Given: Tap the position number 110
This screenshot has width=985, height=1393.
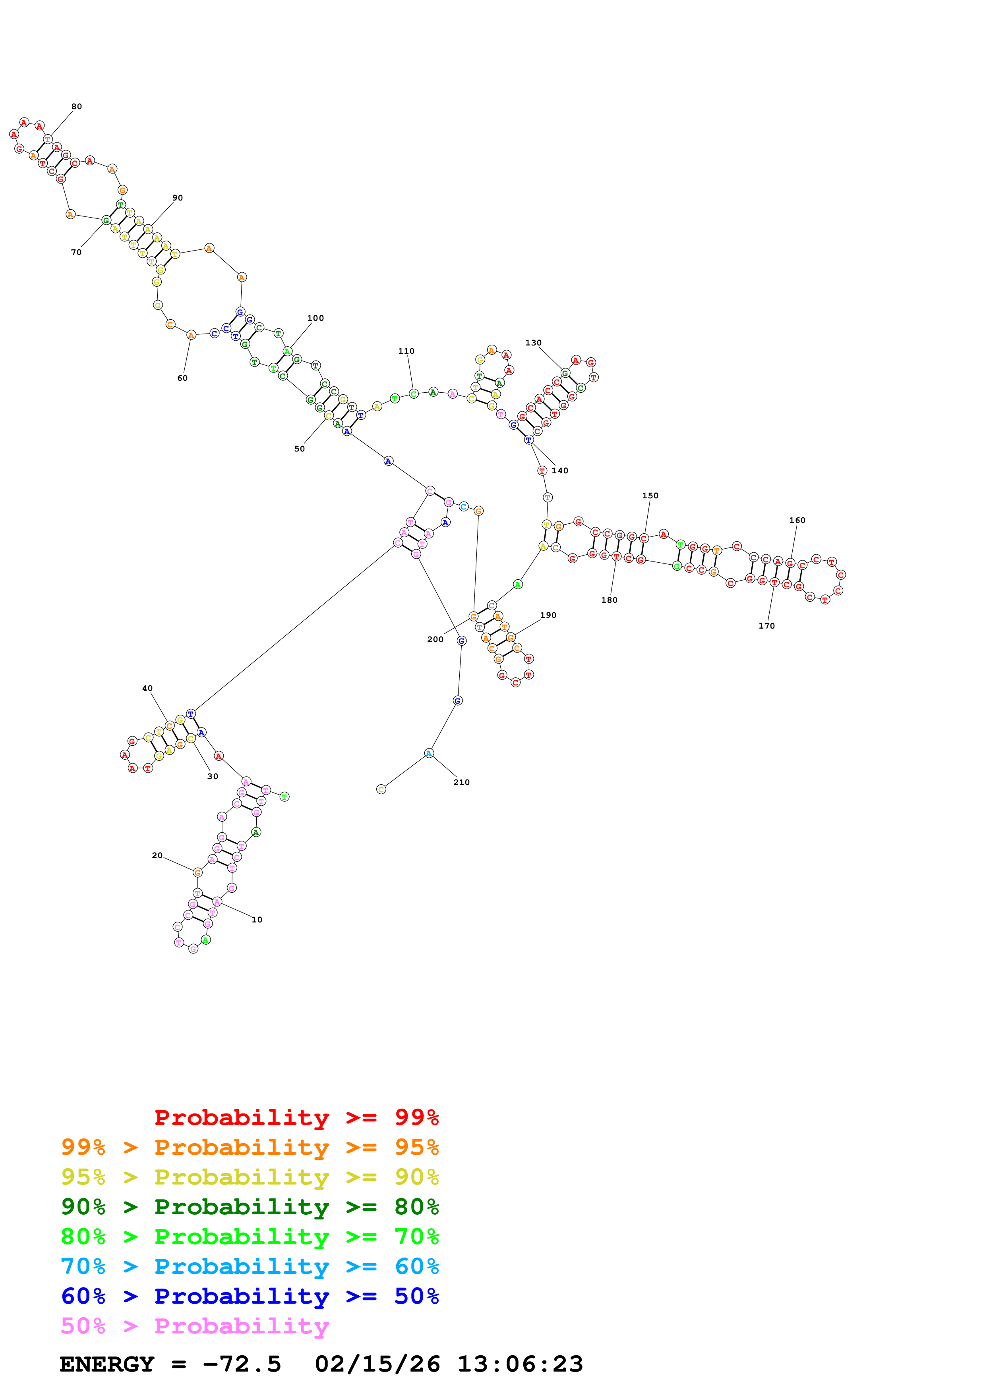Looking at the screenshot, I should click(x=406, y=351).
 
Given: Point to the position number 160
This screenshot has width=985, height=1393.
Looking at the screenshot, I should click(x=797, y=521).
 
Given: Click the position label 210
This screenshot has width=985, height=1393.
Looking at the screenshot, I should click(x=461, y=783).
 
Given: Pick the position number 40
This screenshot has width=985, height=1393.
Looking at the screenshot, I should click(x=147, y=689).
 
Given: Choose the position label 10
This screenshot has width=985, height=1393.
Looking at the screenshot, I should click(x=257, y=920).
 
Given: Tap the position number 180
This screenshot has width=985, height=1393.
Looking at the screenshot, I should click(x=609, y=600).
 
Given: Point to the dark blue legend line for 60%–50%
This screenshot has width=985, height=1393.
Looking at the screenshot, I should click(x=250, y=1296).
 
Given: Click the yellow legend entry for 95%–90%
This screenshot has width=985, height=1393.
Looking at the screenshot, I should click(x=250, y=1177).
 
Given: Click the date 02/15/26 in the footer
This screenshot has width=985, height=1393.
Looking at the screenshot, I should click(x=377, y=1364).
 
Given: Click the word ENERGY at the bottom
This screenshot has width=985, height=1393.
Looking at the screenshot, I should click(x=107, y=1364).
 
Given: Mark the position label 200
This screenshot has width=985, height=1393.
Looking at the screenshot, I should click(x=435, y=639).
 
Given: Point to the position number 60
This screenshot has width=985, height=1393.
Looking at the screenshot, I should click(x=182, y=378).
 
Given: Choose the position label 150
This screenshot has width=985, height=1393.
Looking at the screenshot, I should click(x=650, y=496).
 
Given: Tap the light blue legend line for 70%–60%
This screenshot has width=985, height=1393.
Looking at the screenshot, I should click(x=250, y=1266).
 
